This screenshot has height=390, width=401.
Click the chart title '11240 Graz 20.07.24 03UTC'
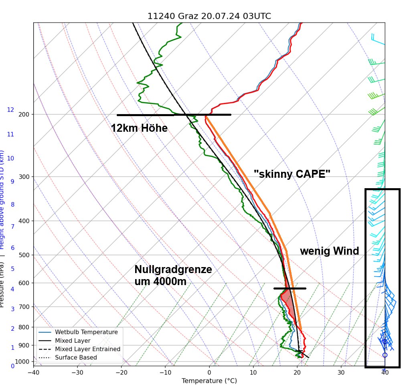209,16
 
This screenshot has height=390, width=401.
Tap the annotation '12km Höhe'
139,128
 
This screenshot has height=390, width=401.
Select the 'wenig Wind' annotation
329,251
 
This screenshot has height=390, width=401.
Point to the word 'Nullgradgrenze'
173,269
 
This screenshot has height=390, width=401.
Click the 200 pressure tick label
24,115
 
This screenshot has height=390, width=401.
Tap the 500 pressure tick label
24,255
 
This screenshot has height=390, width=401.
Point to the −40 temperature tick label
33,373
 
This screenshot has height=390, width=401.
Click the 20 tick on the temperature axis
297,373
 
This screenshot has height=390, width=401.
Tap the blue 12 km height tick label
10,110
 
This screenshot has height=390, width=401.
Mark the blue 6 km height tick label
12,248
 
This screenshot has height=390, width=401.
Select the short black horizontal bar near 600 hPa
290,288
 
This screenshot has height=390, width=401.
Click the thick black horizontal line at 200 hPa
174,115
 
